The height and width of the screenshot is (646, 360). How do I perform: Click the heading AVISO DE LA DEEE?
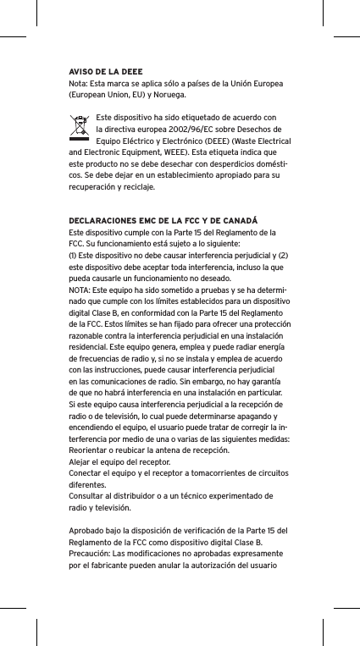coord(105,70)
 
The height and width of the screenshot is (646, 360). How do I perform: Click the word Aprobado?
coord(86,532)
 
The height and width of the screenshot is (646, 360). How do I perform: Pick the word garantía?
coord(270,382)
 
